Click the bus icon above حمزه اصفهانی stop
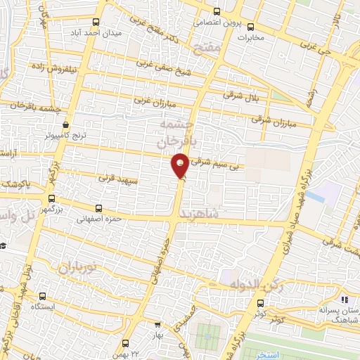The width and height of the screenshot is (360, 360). tap(98, 208)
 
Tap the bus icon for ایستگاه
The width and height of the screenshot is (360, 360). tap(43, 297)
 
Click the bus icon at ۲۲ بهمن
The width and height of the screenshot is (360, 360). tap(125, 343)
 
